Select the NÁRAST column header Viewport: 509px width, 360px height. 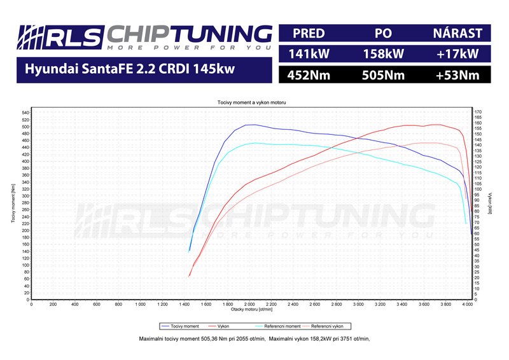click(x=457, y=33)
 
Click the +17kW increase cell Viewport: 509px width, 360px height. click(x=457, y=54)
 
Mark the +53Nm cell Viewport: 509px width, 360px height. click(x=457, y=76)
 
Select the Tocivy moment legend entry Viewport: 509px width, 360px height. click(x=185, y=326)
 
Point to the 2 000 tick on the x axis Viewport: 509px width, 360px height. click(x=250, y=304)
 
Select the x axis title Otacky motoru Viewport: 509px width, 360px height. click(x=251, y=310)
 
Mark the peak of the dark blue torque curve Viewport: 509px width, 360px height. click(x=252, y=125)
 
